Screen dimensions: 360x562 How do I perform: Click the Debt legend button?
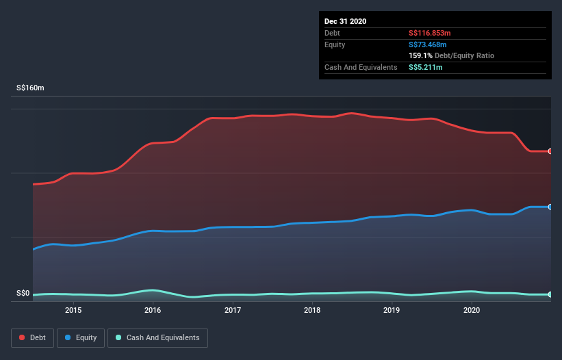tap(32, 337)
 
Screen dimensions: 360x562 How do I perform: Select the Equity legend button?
tap(81, 337)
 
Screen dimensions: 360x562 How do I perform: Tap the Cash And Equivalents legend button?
tap(157, 337)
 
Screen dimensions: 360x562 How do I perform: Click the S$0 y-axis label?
tap(23, 294)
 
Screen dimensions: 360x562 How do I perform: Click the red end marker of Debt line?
tap(550, 151)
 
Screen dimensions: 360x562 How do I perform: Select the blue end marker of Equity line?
tap(550, 207)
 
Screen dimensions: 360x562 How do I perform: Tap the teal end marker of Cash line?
tap(550, 294)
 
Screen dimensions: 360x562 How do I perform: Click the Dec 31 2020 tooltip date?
tap(346, 21)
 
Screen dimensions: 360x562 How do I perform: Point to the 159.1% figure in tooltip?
tap(420, 55)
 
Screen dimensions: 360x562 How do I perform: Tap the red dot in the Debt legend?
tap(23, 337)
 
